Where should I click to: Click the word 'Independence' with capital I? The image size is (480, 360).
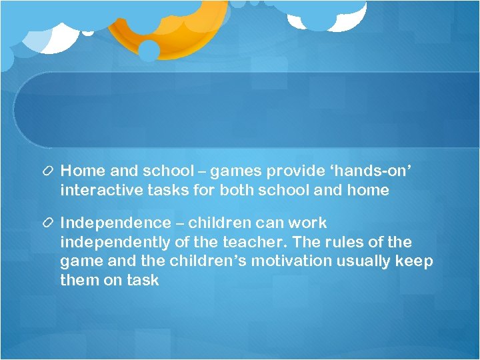tap(113, 223)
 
